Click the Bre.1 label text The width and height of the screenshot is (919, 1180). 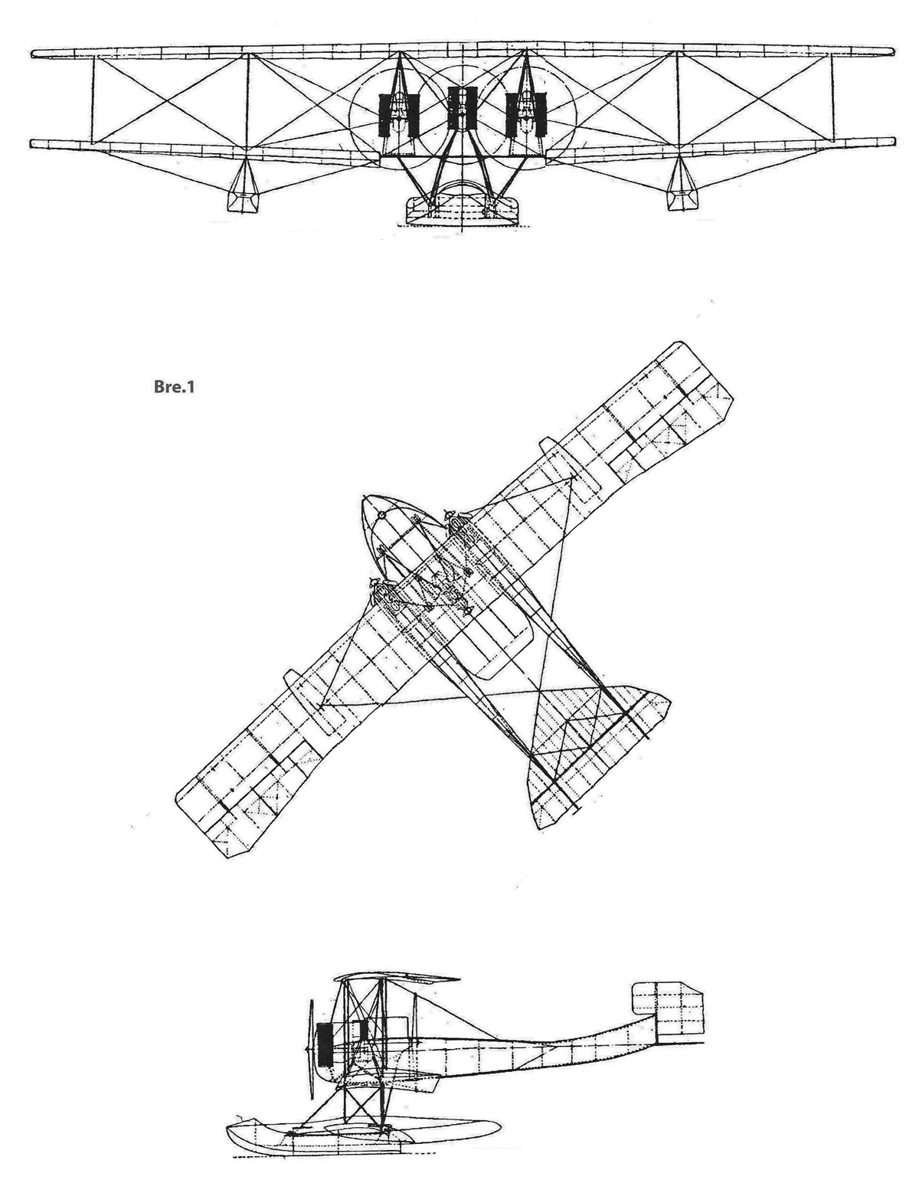[x=173, y=388]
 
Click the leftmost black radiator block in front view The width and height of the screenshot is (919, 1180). [x=384, y=115]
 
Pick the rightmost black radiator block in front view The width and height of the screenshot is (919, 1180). [x=541, y=115]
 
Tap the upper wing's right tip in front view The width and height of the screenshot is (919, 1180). [x=891, y=52]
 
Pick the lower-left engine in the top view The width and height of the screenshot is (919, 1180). [x=382, y=595]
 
